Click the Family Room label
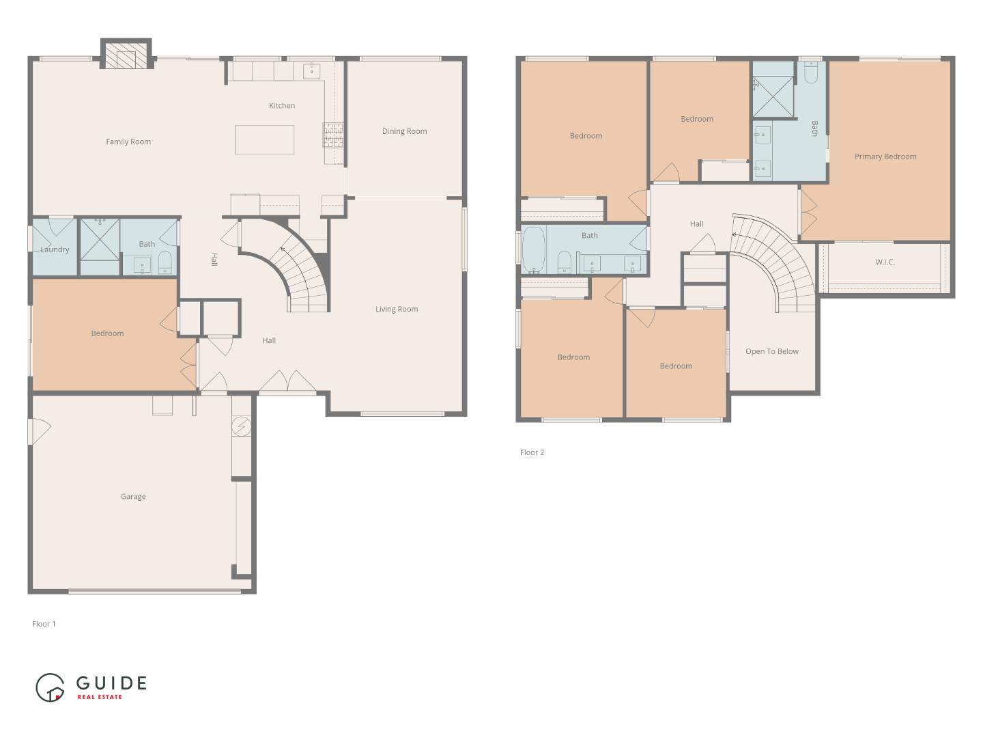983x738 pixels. pyautogui.click(x=128, y=142)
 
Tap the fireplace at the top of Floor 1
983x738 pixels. pyautogui.click(x=126, y=54)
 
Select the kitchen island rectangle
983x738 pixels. pyautogui.click(x=264, y=140)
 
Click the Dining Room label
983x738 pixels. pyautogui.click(x=404, y=131)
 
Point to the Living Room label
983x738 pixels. pyautogui.click(x=397, y=309)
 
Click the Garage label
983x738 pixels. pyautogui.click(x=133, y=497)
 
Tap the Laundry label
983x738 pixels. pyautogui.click(x=55, y=249)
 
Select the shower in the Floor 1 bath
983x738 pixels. pyautogui.click(x=100, y=240)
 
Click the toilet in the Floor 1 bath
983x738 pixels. pyautogui.click(x=165, y=262)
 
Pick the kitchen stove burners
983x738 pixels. pyautogui.click(x=333, y=135)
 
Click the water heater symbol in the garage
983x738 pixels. pyautogui.click(x=241, y=426)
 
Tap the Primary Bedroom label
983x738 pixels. pyautogui.click(x=885, y=157)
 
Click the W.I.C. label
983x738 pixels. pyautogui.click(x=885, y=262)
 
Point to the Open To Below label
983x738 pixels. pyautogui.click(x=771, y=352)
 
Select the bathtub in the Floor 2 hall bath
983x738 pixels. pyautogui.click(x=534, y=249)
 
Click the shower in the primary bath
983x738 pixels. pyautogui.click(x=773, y=97)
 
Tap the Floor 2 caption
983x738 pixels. pyautogui.click(x=532, y=452)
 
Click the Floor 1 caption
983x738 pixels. pyautogui.click(x=44, y=624)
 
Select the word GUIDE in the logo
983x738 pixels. pyautogui.click(x=111, y=683)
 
